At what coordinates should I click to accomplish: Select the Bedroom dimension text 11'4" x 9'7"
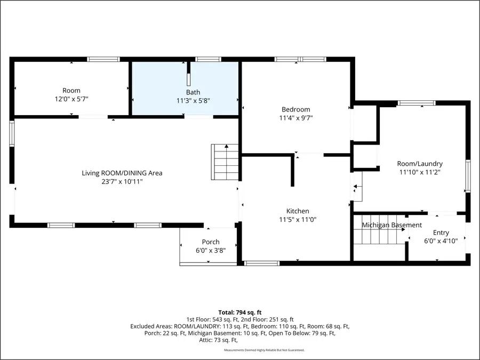point(295,118)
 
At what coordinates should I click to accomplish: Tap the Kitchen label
point(297,211)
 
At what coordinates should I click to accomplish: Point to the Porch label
point(210,242)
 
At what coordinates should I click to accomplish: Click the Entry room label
point(441,233)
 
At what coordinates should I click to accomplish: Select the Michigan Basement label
point(392,225)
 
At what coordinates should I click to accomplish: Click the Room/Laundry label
point(420,164)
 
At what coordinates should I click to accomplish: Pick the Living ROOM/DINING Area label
point(122,173)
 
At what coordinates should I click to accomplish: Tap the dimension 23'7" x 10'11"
point(122,181)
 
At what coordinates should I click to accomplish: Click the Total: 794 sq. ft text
point(239,312)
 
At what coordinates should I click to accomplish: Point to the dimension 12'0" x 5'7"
point(71,99)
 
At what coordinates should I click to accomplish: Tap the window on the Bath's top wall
point(208,59)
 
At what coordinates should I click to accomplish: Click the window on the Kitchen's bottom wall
point(262,263)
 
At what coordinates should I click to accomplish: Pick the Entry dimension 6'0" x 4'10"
point(441,241)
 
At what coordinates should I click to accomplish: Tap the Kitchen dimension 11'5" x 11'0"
point(297,220)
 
